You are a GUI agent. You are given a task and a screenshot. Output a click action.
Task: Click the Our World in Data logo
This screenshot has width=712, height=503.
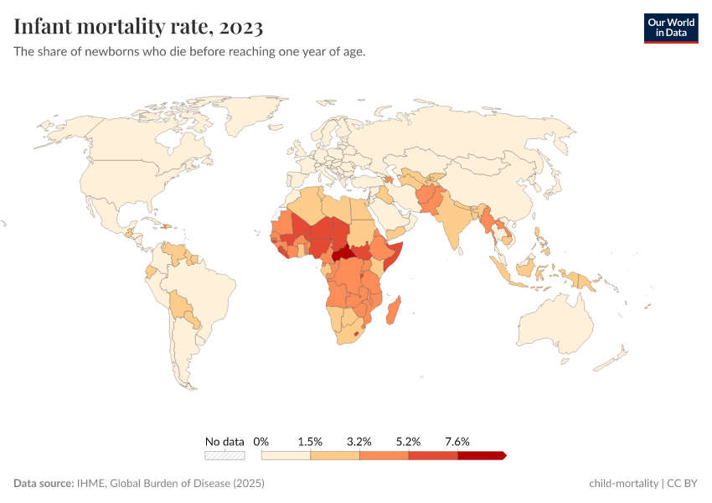(x=670, y=29)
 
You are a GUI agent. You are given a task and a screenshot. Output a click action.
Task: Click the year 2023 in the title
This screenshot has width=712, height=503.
(x=243, y=27)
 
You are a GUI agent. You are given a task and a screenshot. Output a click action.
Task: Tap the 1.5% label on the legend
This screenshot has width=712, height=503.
(x=310, y=441)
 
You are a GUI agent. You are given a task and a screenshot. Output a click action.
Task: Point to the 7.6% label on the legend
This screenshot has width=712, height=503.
(x=457, y=441)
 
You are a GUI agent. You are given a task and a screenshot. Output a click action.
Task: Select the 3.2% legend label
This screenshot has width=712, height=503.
(x=359, y=441)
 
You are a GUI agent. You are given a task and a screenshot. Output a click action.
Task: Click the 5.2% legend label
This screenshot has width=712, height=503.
(x=409, y=441)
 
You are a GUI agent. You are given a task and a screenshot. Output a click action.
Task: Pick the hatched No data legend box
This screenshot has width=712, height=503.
(x=224, y=455)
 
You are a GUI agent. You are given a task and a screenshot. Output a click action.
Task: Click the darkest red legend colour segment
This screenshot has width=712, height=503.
(x=482, y=455)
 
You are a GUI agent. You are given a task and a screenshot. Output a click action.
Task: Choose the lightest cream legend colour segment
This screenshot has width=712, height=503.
(x=286, y=455)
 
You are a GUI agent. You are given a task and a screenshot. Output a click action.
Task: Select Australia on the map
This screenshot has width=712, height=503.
(x=557, y=323)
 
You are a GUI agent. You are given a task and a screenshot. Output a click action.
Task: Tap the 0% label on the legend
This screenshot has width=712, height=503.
(x=261, y=441)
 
